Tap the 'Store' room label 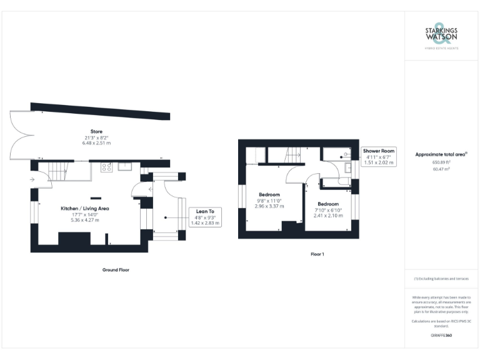[96, 131]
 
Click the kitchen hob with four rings [106, 167]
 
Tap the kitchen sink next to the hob [124, 166]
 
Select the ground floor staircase [57, 170]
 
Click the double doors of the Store [19, 134]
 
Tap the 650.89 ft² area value [441, 162]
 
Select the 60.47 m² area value [441, 168]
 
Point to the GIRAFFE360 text [441, 336]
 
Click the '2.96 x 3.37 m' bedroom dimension [269, 206]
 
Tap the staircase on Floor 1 [292, 154]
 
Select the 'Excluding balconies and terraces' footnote [441, 278]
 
